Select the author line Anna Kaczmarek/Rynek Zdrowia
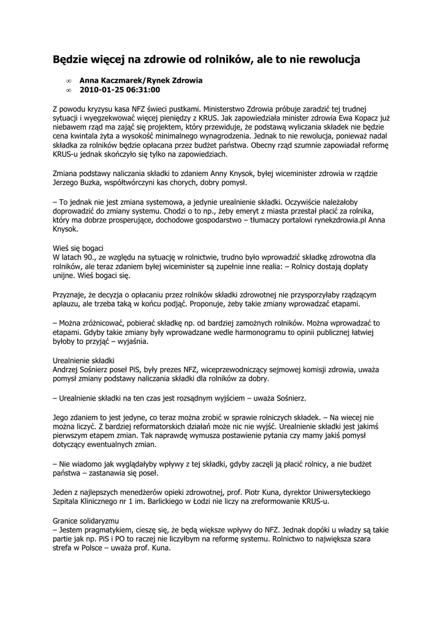click(141, 80)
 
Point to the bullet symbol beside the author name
click(69, 81)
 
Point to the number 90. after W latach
click(90, 258)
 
